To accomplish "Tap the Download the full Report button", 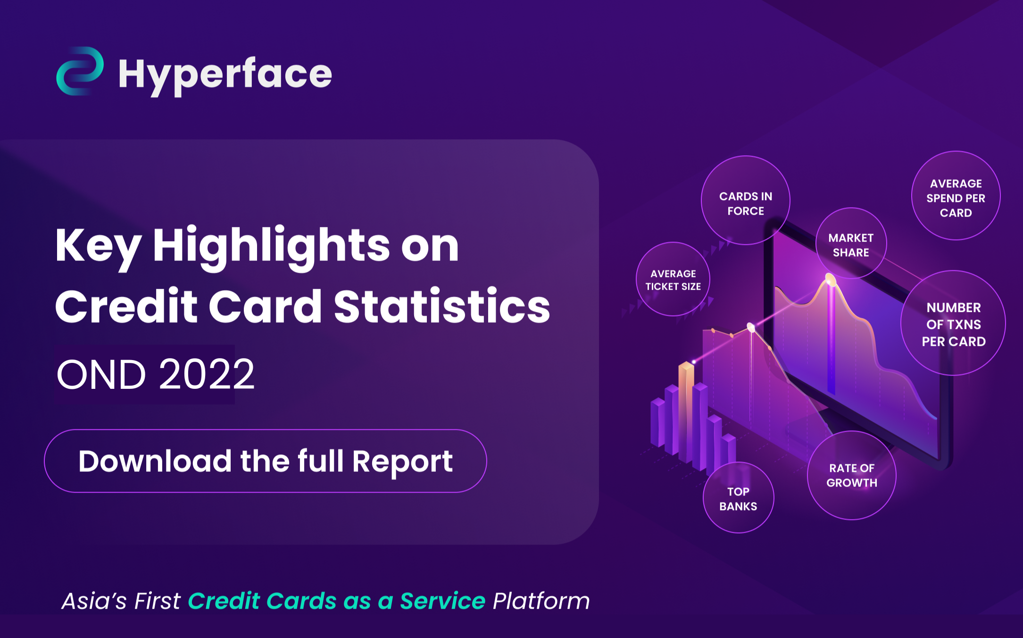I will [x=265, y=461].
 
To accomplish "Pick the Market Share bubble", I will [x=851, y=244].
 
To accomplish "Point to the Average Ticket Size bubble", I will [x=673, y=279].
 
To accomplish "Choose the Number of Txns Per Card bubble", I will [x=953, y=324].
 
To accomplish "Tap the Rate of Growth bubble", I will [x=851, y=475].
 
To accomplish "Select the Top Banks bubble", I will [x=738, y=498].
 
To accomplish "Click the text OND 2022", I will [x=156, y=375].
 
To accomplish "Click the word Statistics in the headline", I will [x=442, y=307].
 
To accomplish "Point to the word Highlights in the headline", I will [x=271, y=245].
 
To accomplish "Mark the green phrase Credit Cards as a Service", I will [x=336, y=601].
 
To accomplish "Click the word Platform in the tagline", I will [x=541, y=601].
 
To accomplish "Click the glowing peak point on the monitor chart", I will [x=830, y=280].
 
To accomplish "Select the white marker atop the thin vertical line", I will [x=751, y=327].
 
